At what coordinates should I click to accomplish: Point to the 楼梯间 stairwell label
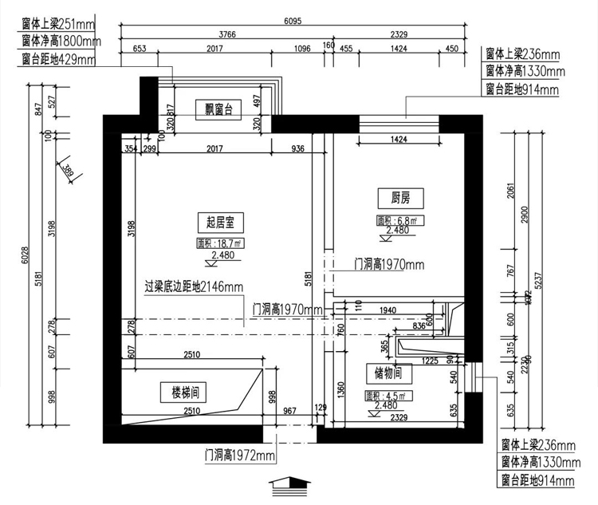coord(184,392)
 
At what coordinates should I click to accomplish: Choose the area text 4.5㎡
coord(386,396)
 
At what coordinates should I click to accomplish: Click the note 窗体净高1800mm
coord(61,41)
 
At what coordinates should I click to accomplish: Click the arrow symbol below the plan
coord(289,484)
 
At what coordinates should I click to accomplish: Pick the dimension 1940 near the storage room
coord(388,310)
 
